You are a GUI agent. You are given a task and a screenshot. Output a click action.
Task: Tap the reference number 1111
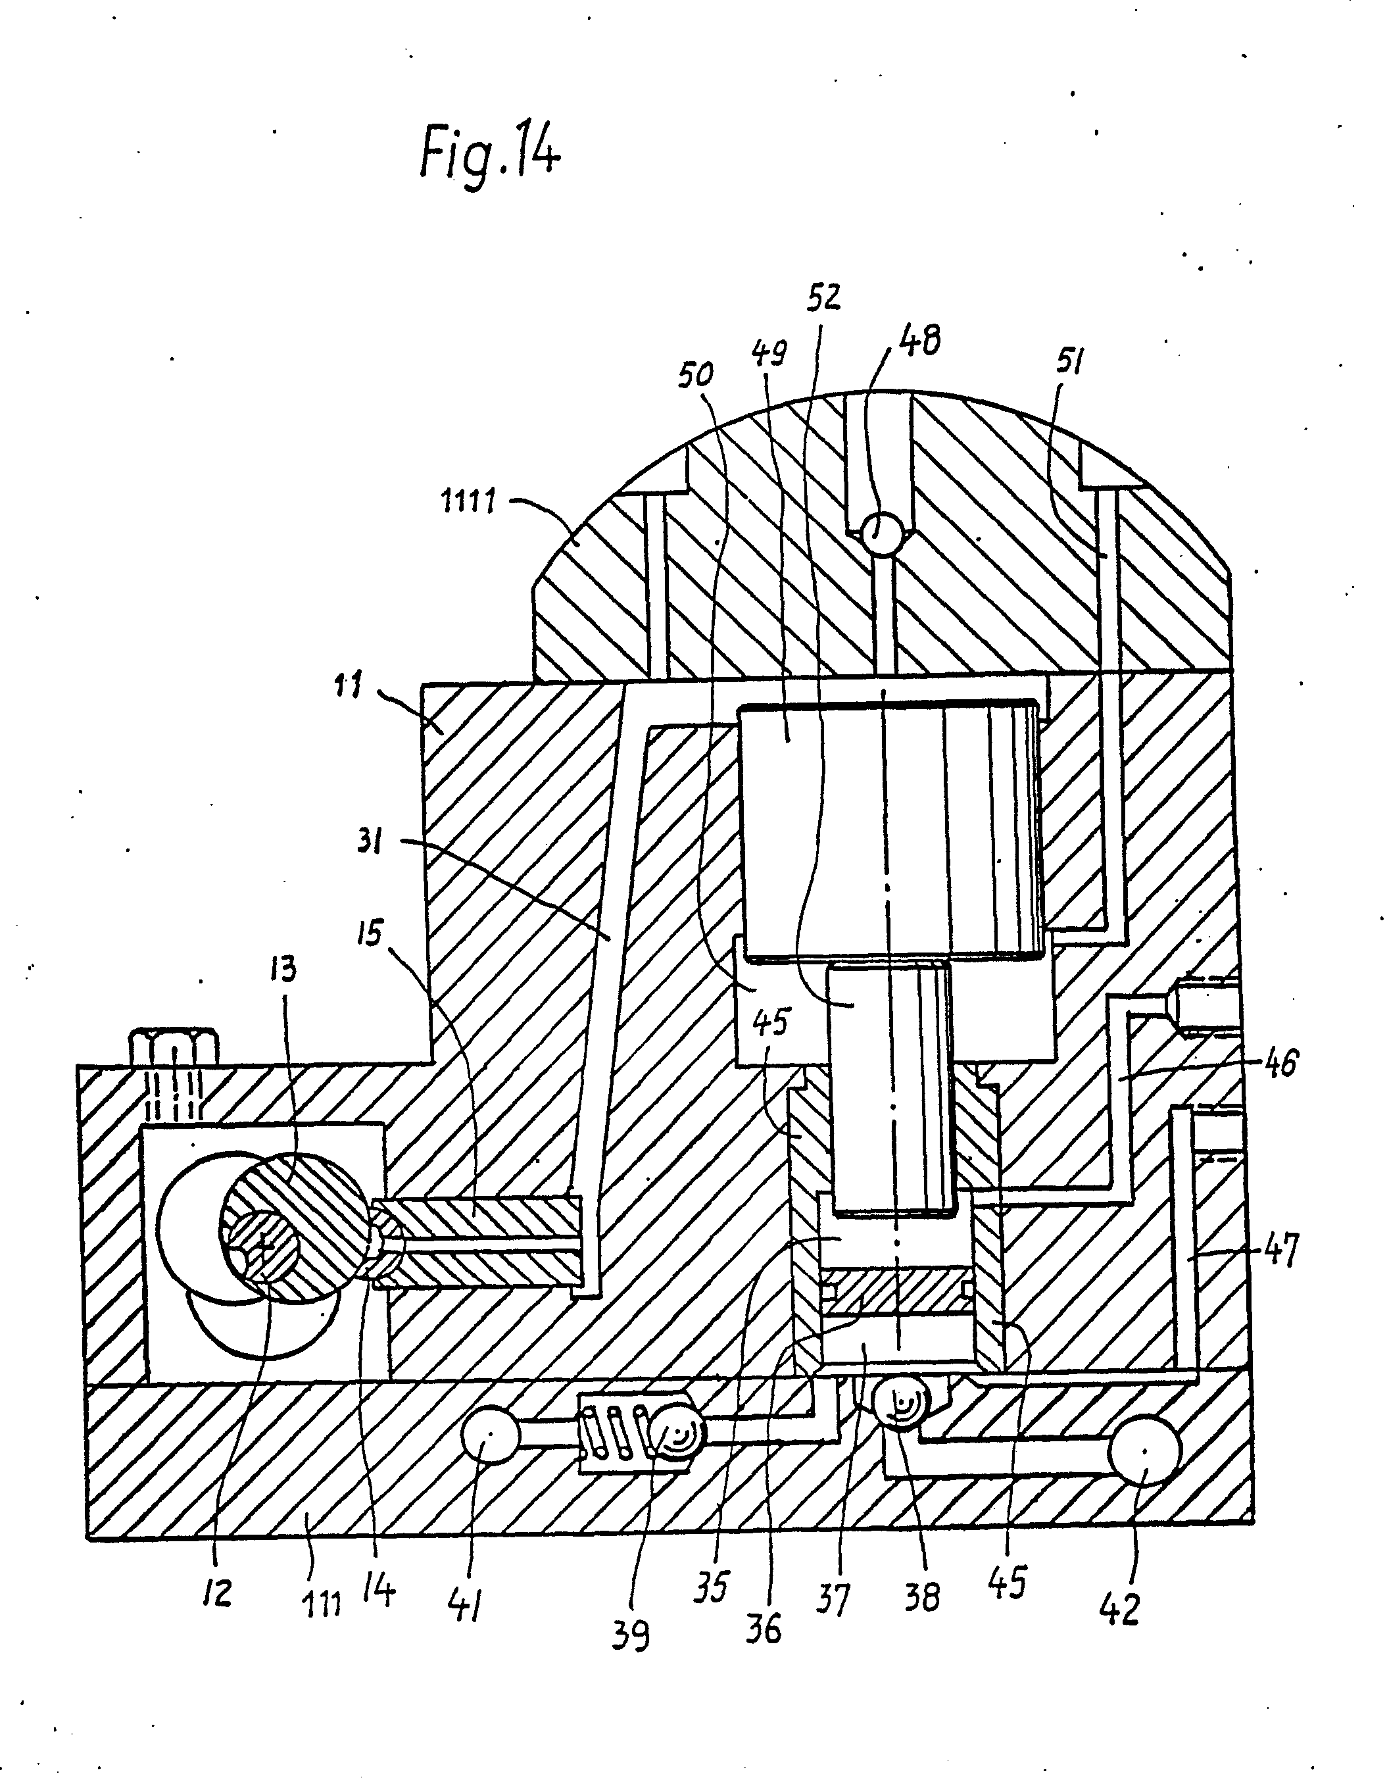(468, 501)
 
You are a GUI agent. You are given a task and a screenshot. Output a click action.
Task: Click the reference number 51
(1068, 360)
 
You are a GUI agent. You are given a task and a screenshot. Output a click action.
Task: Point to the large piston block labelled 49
(889, 824)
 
